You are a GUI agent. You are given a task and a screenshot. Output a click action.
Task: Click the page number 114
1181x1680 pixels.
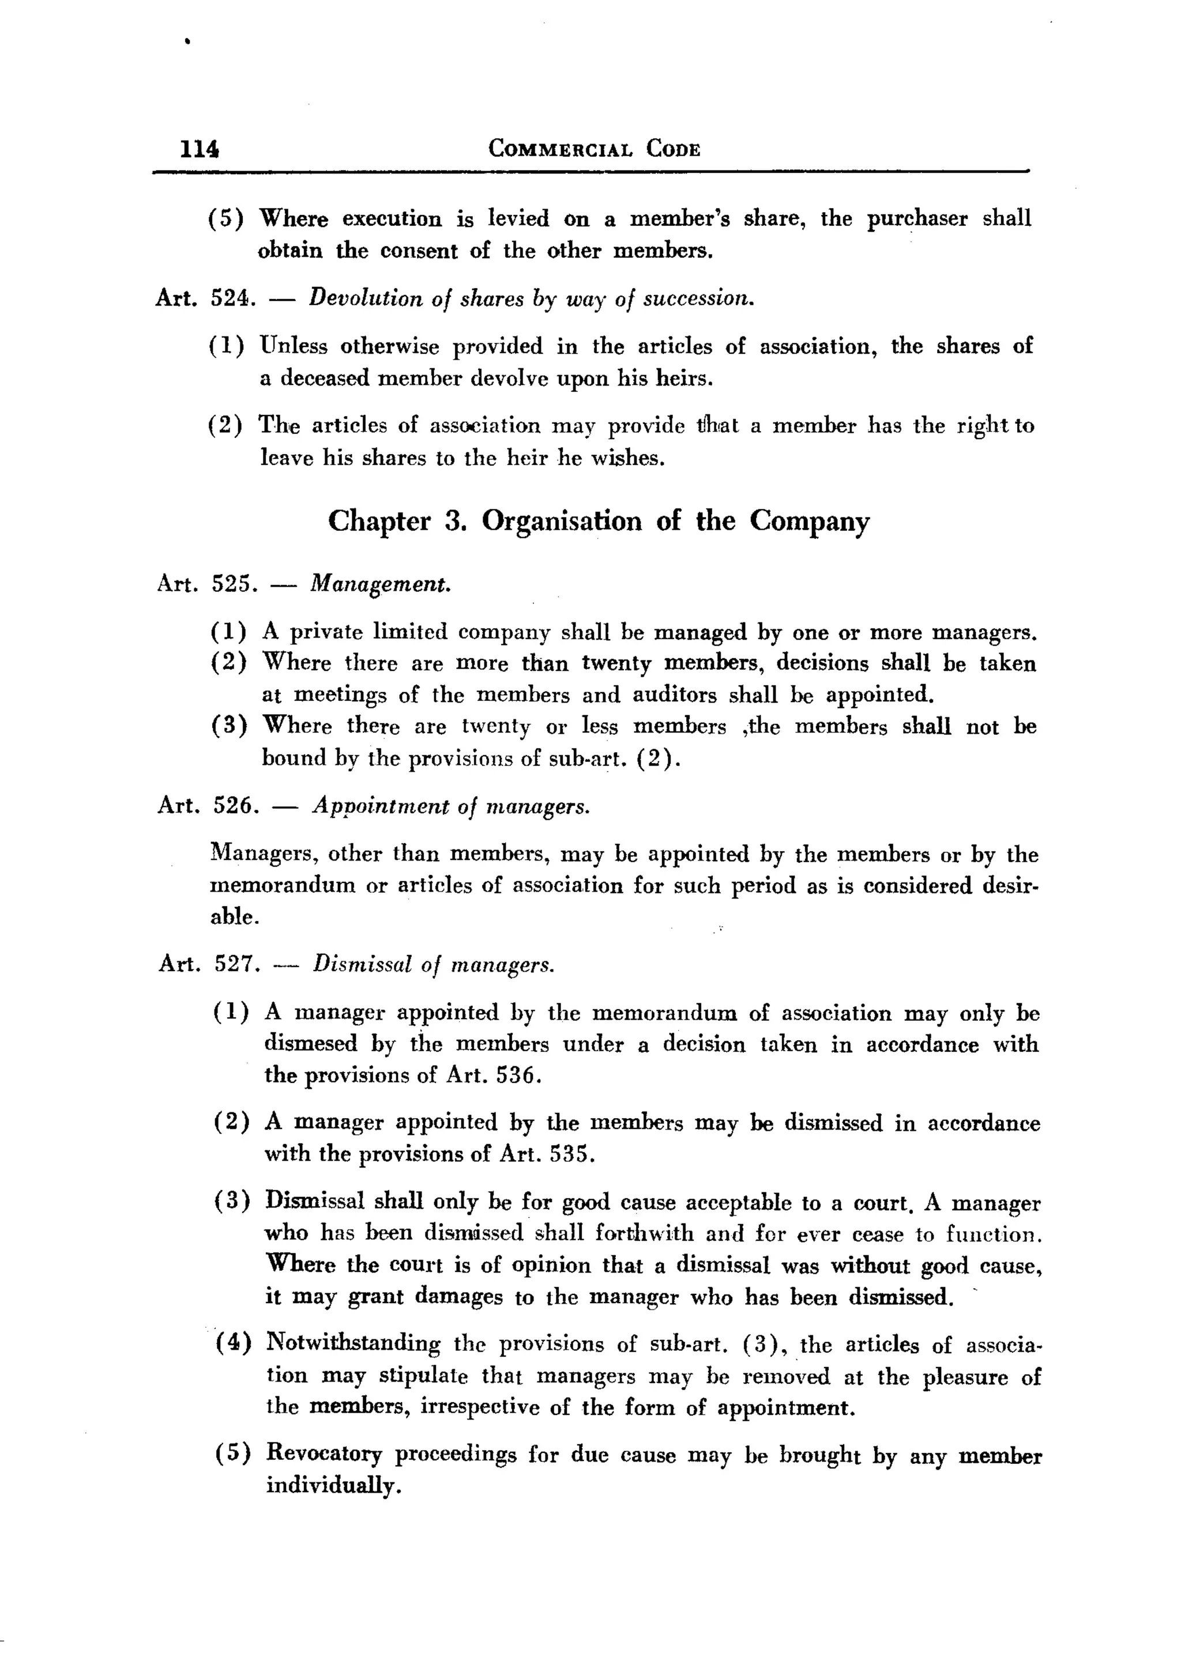point(199,149)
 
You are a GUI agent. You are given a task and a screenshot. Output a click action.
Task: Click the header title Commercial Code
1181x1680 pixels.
point(594,149)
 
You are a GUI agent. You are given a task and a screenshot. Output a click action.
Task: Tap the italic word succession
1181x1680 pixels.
point(698,299)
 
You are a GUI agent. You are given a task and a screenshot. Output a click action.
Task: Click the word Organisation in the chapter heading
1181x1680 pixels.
point(561,521)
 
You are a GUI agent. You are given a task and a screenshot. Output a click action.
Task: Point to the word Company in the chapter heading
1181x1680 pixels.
point(809,521)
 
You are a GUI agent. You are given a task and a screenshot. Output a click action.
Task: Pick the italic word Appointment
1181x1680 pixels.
point(380,806)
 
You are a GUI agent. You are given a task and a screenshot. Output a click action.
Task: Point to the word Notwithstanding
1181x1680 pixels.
point(353,1343)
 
